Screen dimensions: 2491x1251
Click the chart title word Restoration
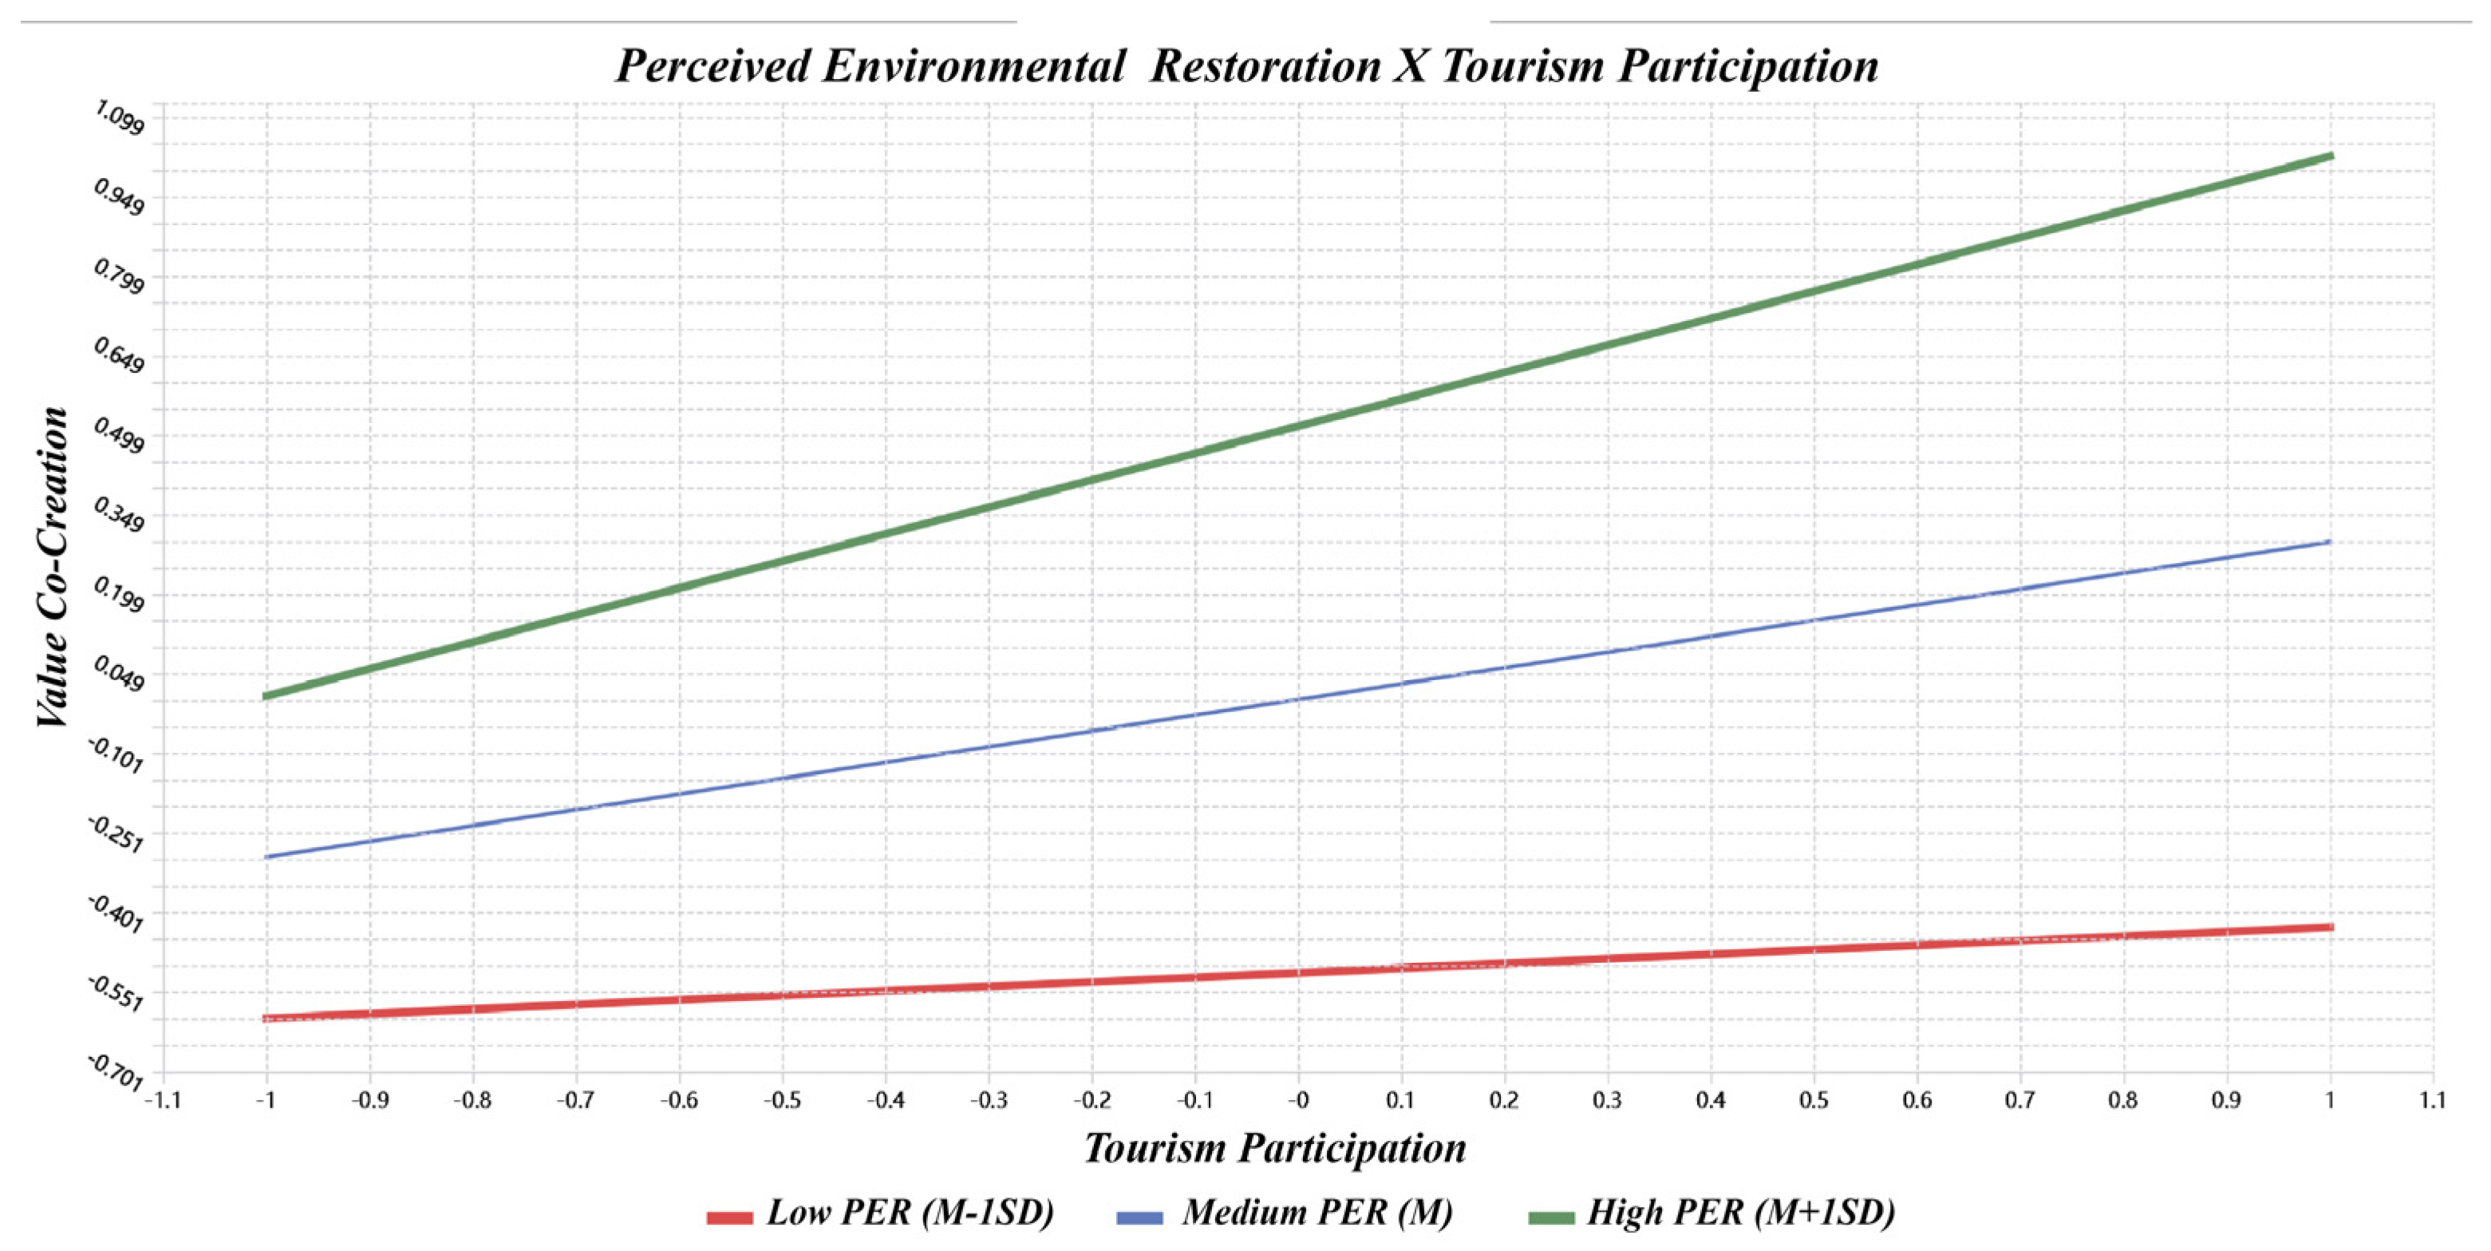(x=1265, y=65)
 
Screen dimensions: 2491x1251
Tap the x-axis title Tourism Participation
(x=1274, y=1149)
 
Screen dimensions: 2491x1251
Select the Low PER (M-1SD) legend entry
(x=880, y=1213)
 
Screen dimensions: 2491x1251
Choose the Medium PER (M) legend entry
(x=1284, y=1213)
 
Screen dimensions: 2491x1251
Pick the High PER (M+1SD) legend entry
(x=1711, y=1213)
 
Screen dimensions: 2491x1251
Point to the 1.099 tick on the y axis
(x=119, y=118)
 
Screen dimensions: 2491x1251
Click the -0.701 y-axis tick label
(x=116, y=1071)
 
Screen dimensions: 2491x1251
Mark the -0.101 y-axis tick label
(x=116, y=754)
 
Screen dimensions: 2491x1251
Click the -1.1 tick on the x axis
(x=163, y=1101)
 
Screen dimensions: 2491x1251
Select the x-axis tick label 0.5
(x=1814, y=1101)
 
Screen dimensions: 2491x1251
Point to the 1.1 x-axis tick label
(x=2433, y=1101)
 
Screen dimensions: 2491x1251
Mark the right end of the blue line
(x=2330, y=542)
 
